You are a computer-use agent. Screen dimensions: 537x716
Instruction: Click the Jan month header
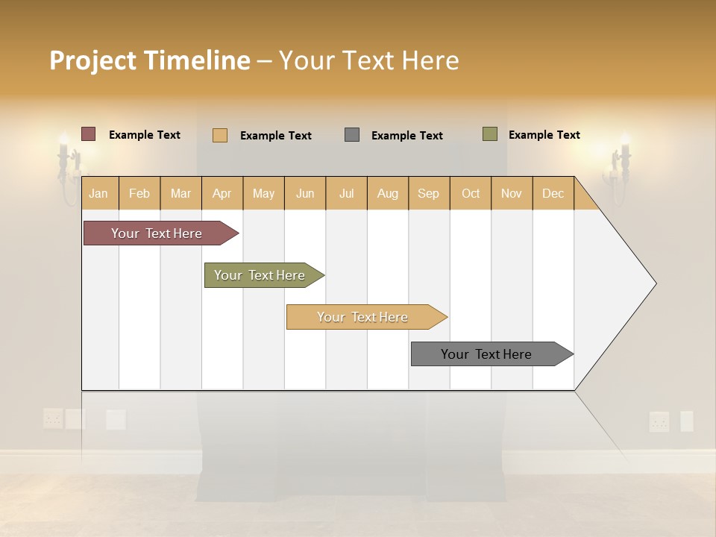98,193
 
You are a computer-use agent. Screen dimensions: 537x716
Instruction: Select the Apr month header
222,193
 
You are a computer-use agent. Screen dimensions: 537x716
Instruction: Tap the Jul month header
346,193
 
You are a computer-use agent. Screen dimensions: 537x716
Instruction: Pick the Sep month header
428,193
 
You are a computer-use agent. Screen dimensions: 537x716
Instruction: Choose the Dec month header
553,193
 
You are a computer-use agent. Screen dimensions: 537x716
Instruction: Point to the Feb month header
139,193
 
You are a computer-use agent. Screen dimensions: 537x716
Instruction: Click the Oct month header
470,193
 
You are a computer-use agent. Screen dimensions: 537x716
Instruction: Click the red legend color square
88,134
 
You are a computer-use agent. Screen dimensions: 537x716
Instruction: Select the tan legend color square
220,135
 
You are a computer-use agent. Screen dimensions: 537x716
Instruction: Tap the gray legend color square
352,134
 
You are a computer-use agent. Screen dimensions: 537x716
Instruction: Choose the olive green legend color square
490,134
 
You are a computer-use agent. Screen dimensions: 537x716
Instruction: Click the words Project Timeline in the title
150,60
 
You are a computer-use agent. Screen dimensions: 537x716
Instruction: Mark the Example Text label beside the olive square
544,135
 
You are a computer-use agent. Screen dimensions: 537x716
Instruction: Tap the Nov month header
511,193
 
